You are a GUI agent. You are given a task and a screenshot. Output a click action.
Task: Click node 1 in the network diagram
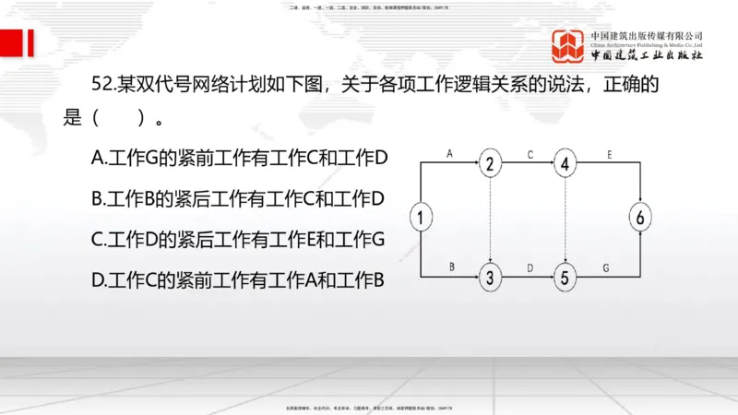point(421,219)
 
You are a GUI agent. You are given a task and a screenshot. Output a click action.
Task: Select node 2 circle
point(490,164)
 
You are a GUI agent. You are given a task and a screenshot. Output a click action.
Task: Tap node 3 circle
point(490,276)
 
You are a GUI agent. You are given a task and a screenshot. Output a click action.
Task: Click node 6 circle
point(641,219)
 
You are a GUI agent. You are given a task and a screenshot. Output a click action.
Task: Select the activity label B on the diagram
point(452,266)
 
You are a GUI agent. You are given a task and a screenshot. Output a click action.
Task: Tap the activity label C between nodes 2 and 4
point(530,153)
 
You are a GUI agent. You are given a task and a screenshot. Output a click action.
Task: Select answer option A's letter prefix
point(100,158)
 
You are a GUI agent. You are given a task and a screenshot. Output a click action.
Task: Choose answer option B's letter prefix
point(100,197)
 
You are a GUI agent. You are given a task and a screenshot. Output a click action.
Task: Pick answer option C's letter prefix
point(100,239)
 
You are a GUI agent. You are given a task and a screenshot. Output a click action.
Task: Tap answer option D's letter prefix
point(100,279)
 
